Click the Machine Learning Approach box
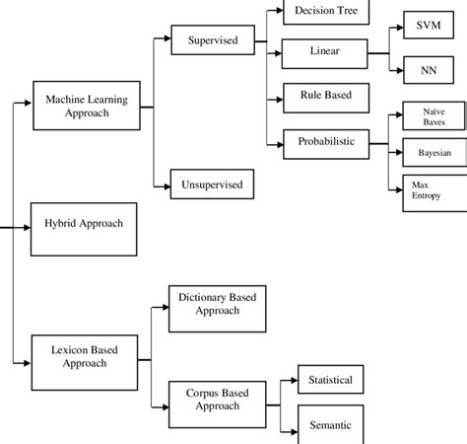[x=87, y=106]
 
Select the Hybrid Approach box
[x=84, y=224]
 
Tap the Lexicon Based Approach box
[x=84, y=355]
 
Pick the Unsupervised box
[x=211, y=183]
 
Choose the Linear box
[x=324, y=50]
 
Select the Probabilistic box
[x=324, y=142]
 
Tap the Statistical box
[x=330, y=379]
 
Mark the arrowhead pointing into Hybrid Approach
[x=28, y=225]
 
